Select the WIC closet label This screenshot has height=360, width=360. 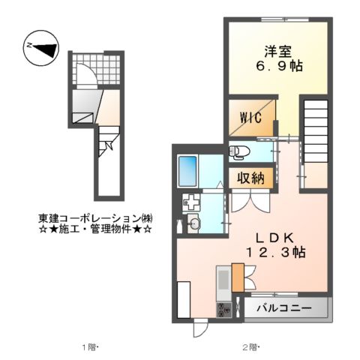[250, 117]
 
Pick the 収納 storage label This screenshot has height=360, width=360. [250, 178]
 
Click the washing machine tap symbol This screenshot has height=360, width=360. [192, 202]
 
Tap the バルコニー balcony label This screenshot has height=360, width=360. [285, 308]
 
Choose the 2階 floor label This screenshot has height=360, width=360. [250, 346]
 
